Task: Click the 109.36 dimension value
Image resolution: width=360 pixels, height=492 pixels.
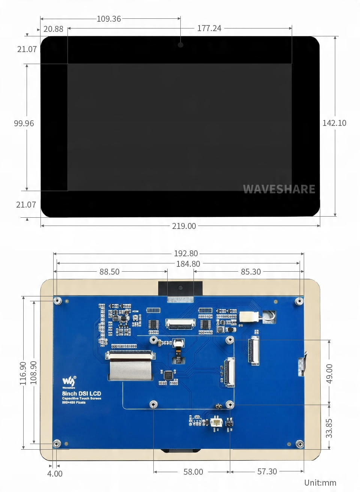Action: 109,19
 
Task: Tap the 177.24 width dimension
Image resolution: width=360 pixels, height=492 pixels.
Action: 209,28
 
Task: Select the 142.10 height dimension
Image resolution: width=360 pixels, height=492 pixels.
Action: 334,123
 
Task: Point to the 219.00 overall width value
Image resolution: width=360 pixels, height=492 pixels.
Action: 184,226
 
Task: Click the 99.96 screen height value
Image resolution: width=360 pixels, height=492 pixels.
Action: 24,123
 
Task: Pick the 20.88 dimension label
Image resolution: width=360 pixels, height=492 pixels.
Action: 53,29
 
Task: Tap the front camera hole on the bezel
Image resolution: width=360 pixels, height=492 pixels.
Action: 180,45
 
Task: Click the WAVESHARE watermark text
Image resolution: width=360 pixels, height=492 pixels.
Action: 279,189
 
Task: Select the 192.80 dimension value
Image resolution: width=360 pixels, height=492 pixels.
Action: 186,254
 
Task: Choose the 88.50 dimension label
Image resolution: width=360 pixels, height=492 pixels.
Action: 109,272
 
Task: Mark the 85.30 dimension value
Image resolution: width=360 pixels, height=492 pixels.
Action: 250,272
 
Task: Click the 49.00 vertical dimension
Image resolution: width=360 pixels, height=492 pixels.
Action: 329,373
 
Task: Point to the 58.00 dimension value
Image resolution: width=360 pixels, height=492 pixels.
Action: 193,472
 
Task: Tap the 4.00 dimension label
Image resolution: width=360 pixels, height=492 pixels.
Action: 55,474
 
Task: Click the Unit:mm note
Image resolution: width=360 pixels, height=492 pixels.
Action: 320,483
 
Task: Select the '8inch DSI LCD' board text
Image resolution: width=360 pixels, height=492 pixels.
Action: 81,393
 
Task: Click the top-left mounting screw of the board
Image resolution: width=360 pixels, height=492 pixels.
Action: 58,301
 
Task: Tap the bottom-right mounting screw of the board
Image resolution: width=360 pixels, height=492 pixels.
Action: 300,444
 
